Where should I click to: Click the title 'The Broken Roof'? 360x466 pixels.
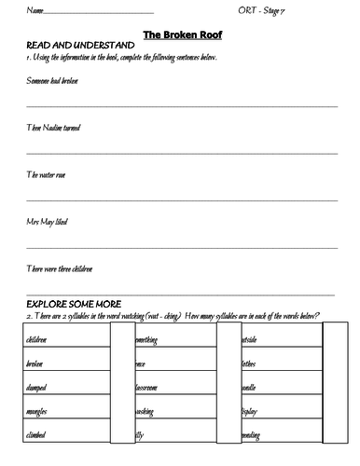180,34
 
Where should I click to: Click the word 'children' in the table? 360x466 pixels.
38,340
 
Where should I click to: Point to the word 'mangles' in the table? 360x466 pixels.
38,410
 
